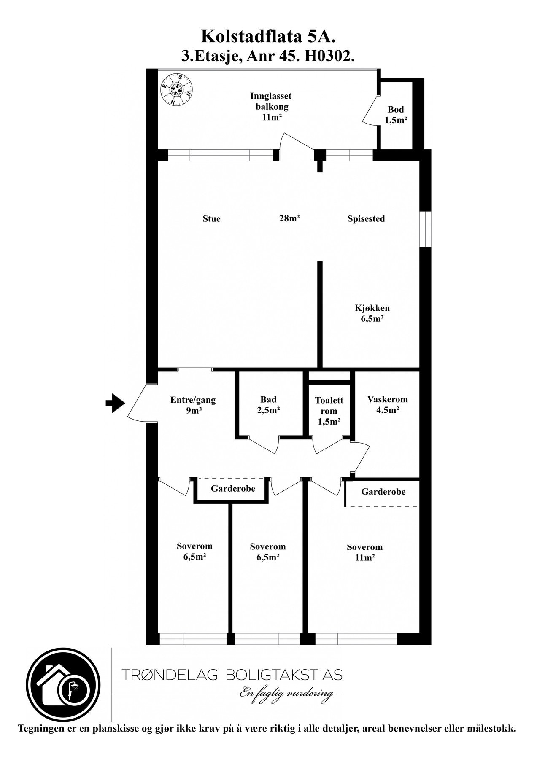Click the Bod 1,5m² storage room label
[396, 115]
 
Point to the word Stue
[211, 219]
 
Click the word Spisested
[366, 219]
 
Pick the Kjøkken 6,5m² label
[372, 313]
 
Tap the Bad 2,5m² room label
[268, 404]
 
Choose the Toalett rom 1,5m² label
[329, 410]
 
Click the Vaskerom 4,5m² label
[387, 404]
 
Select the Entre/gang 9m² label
[193, 405]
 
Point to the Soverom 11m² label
[364, 552]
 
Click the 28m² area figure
[289, 218]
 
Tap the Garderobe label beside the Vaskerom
[383, 492]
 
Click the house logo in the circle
[63, 684]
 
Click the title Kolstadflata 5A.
[268, 37]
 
